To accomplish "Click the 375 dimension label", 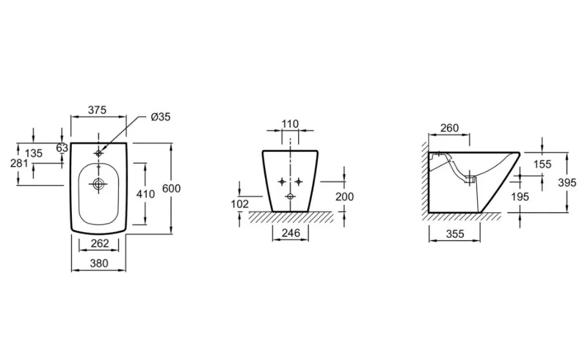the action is [97, 110].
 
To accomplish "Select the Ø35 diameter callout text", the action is [161, 117].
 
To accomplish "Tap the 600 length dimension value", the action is [171, 189].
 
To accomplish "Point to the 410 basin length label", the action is [145, 194].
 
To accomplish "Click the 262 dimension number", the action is [100, 243].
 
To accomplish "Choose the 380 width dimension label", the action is [99, 263].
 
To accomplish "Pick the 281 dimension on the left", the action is [19, 163].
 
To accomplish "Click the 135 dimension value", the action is [34, 153].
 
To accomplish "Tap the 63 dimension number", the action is [62, 148].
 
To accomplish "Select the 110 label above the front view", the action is [290, 123].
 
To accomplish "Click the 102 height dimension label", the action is [240, 204].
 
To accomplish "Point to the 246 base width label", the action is [290, 233].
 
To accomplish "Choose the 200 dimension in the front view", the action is [345, 196].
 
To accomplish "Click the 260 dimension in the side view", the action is [449, 128].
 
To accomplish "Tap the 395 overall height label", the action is [568, 182].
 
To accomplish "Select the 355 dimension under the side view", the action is [455, 234].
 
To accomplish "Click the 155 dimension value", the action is [543, 164].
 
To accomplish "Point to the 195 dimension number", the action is [520, 196].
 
